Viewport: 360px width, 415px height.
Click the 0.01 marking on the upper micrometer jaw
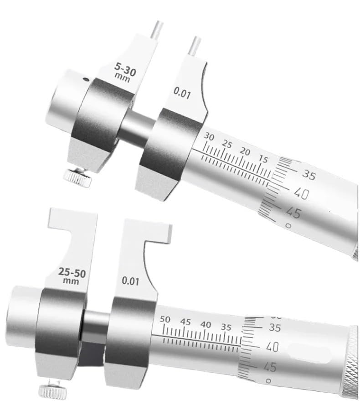(x=182, y=93)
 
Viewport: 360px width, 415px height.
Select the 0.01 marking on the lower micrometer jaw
(x=130, y=281)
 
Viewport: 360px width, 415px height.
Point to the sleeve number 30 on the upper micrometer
(x=209, y=137)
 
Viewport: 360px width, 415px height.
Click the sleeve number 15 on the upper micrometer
(x=263, y=159)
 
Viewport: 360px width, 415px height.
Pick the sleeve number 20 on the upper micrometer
(x=245, y=151)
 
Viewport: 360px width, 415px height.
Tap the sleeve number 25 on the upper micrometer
(x=227, y=144)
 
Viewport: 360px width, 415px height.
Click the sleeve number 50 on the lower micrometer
(x=165, y=319)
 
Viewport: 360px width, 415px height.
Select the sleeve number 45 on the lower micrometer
(x=185, y=322)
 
